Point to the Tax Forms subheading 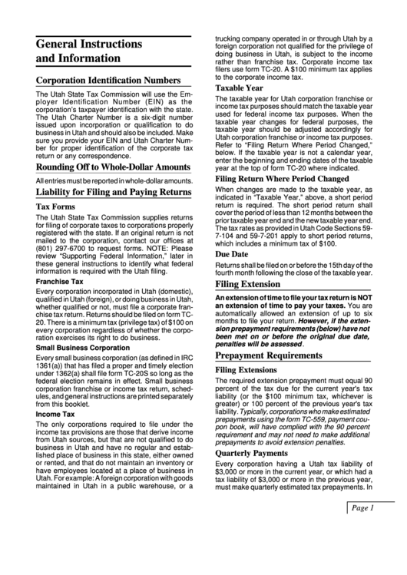(55, 207)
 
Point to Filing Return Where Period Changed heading (282, 178)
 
